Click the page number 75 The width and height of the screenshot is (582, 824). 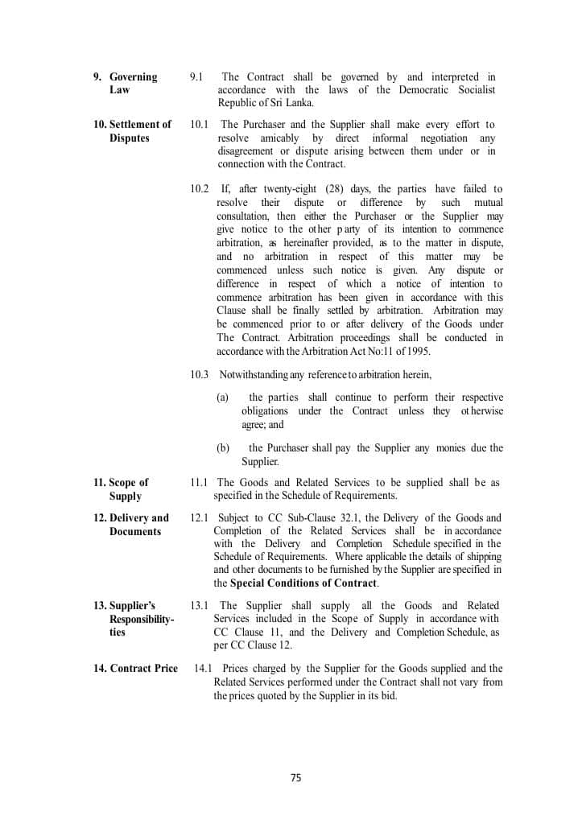click(295, 777)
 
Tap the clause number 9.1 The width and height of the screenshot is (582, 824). click(196, 76)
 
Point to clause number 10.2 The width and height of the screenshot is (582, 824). click(199, 188)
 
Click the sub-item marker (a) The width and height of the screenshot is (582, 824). click(223, 398)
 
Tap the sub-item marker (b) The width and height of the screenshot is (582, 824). click(223, 448)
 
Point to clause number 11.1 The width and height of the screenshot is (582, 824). click(199, 483)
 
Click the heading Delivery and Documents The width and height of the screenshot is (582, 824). click(133, 525)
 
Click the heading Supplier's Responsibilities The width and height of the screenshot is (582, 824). click(137, 619)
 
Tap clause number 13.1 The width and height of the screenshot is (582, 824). click(199, 605)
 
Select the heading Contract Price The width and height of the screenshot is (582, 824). click(135, 668)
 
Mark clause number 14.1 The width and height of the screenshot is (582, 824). click(204, 668)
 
